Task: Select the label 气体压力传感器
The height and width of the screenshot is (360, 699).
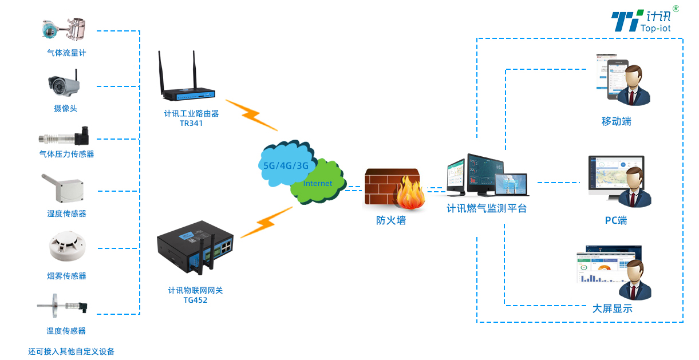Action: pos(66,154)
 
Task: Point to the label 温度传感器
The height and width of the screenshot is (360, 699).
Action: pos(66,331)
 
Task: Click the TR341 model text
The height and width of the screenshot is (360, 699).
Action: pos(191,123)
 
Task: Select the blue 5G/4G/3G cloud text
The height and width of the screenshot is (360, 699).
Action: pos(286,166)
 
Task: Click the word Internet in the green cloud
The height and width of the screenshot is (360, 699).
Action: pos(318,184)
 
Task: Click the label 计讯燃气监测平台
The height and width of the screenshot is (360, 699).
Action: pos(487,209)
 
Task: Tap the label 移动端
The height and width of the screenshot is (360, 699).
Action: pos(617,121)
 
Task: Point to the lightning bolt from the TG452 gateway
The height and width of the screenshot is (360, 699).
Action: pos(266,222)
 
